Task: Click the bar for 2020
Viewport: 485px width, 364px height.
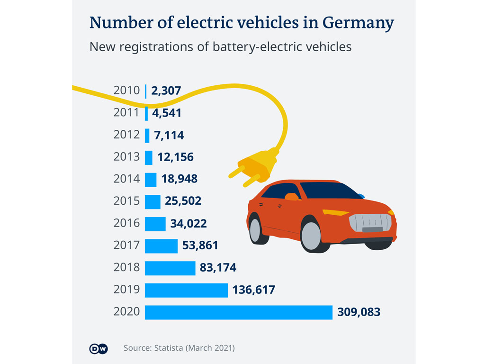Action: tap(239, 312)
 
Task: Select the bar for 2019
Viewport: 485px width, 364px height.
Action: tap(186, 290)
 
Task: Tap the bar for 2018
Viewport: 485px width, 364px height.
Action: tap(170, 268)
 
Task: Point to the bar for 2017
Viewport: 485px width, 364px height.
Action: tap(161, 246)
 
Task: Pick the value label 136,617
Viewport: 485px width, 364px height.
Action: tap(253, 290)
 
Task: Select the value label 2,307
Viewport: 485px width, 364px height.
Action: tap(166, 91)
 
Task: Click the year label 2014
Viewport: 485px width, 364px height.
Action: tap(126, 179)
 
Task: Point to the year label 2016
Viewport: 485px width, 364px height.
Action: tap(126, 223)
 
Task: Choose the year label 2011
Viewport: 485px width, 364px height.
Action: tap(126, 113)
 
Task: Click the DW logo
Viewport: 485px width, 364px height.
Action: tap(99, 348)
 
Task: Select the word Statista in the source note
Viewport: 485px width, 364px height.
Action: tap(168, 348)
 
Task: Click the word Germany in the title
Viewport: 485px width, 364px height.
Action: tap(359, 23)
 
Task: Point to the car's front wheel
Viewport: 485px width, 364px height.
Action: tap(311, 236)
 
